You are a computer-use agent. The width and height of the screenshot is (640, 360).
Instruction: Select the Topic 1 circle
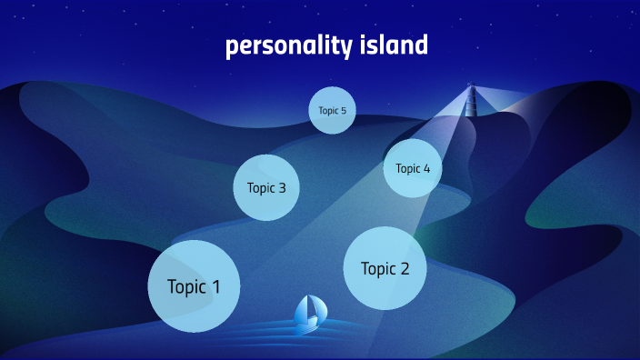[194, 286]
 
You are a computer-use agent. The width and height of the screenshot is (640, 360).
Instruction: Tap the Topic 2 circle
[385, 268]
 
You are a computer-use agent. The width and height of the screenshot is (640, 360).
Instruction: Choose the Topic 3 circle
[266, 188]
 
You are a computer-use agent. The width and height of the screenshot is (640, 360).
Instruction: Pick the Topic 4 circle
[413, 168]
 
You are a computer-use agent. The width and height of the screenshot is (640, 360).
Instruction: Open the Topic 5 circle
[332, 111]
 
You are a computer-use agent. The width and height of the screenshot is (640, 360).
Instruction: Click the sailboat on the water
[310, 313]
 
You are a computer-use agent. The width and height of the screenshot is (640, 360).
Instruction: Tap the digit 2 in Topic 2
[405, 269]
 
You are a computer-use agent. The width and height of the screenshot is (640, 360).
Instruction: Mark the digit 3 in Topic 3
[282, 188]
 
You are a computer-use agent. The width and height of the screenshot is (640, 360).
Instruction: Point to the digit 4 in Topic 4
[426, 168]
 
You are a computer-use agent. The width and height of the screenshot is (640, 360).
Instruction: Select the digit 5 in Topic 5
[343, 111]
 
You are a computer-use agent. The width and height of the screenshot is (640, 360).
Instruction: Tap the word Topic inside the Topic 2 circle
[378, 269]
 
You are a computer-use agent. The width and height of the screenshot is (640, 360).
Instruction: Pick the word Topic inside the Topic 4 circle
[407, 168]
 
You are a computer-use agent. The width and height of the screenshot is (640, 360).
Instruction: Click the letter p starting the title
[232, 47]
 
